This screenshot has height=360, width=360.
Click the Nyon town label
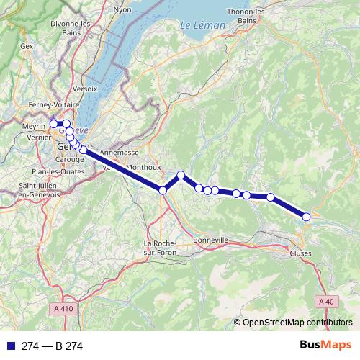click(122, 11)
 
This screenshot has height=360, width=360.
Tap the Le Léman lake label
click(203, 26)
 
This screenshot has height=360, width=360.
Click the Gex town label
click(27, 46)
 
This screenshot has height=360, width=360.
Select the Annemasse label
click(119, 153)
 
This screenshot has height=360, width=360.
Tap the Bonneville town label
click(211, 240)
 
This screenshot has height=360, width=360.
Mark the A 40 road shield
click(325, 301)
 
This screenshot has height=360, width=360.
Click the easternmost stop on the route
click(306, 217)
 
